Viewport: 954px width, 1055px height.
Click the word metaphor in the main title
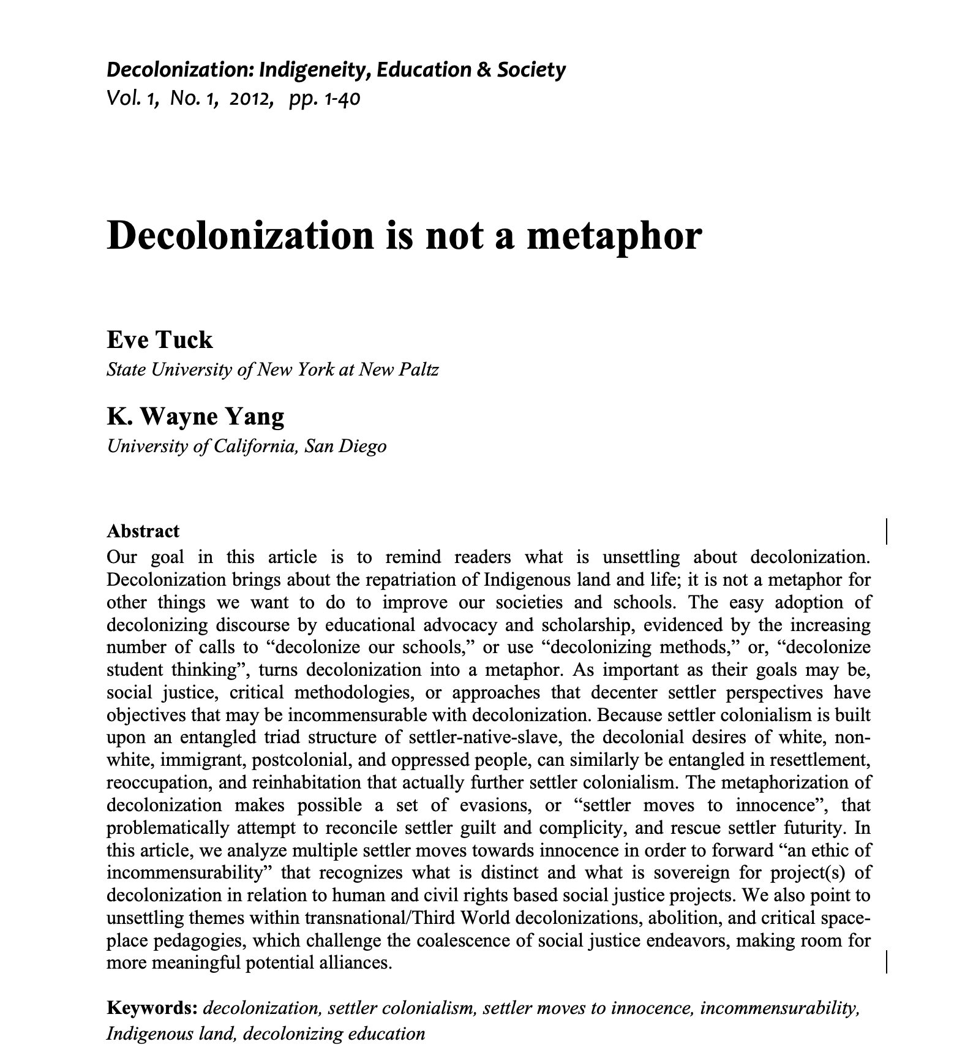coord(614,236)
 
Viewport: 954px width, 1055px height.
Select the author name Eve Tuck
coord(160,339)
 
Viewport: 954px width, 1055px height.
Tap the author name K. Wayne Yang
coord(195,416)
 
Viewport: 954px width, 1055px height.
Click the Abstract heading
coord(143,531)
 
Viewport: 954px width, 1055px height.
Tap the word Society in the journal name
coord(531,70)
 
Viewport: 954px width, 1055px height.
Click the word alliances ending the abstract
coord(355,963)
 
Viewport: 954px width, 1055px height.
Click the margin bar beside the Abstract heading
coord(887,531)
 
